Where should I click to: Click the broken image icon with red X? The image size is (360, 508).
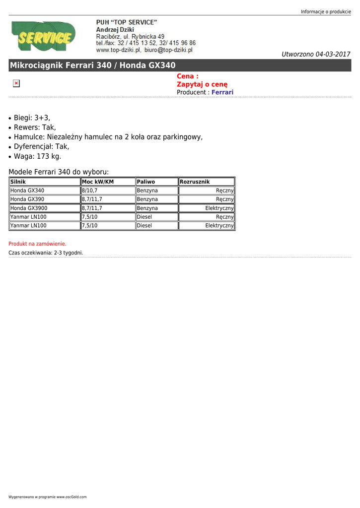[16, 83]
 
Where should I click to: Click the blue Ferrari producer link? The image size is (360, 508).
[222, 92]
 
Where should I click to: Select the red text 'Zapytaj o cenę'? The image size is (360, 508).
[202, 84]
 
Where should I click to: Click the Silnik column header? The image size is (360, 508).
[18, 182]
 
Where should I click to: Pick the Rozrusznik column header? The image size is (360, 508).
[195, 182]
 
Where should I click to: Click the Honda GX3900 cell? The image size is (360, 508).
[29, 208]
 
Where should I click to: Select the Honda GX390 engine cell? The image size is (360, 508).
[27, 199]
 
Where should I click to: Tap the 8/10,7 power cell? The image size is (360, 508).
[89, 190]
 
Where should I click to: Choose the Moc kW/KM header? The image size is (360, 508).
[98, 182]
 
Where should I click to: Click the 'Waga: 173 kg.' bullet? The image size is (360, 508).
[37, 156]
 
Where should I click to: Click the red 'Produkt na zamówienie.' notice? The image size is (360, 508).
[37, 244]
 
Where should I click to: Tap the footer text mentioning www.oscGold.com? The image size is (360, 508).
[48, 497]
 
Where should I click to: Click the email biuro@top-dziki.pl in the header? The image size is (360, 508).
[168, 50]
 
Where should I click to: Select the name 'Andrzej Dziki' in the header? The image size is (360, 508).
[115, 30]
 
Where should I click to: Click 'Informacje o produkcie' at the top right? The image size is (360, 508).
[326, 11]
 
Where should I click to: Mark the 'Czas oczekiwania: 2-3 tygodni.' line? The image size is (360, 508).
[46, 253]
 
